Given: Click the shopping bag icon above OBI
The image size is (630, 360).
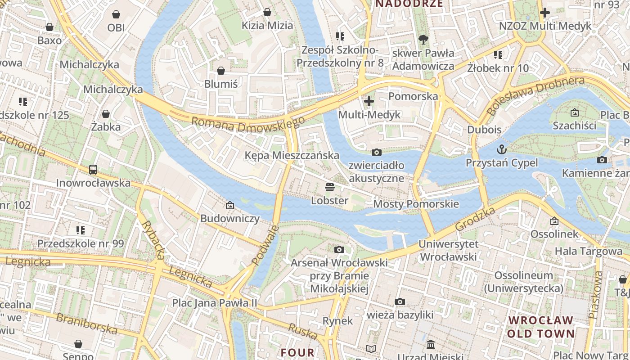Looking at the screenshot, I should coord(116,14).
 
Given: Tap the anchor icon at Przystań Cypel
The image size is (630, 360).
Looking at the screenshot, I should coord(501,149).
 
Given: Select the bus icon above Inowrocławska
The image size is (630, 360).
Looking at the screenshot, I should coord(93,170).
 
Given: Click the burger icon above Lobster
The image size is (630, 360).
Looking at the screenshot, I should coord(330,187).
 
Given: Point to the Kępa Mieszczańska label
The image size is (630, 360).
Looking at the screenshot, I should coord(292,155).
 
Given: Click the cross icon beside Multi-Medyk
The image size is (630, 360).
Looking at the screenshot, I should coord(369,101).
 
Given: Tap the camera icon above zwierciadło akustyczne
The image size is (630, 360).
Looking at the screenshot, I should coord(377,153).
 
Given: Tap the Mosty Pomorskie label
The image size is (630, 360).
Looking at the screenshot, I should coord(416,204).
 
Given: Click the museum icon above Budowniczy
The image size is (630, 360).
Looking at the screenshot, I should coord(230,205).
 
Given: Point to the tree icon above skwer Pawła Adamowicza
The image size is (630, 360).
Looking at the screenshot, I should coord(423,40).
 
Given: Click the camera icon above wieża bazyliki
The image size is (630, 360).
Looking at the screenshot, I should coord(400,301).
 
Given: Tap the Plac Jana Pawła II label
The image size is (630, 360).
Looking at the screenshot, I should coord(215,303).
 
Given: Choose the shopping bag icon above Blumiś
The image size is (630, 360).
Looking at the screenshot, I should coord(221,71).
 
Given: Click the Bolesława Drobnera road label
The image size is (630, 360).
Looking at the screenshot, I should coord(535,95).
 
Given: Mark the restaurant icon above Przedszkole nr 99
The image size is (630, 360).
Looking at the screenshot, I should coord(81,230).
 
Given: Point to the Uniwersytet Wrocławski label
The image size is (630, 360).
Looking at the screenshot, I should coord(448,250).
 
